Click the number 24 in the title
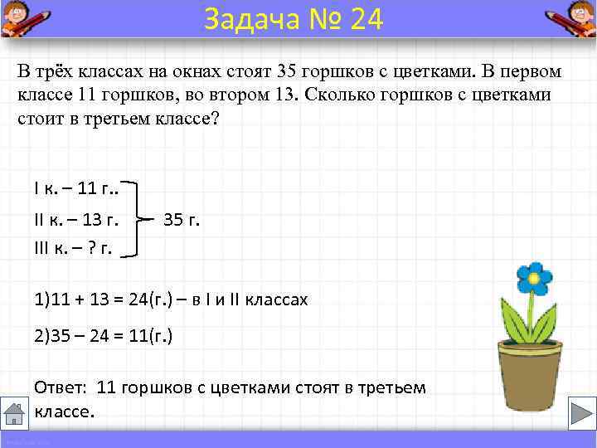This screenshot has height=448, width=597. (x=367, y=18)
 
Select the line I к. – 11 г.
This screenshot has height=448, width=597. (x=75, y=188)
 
